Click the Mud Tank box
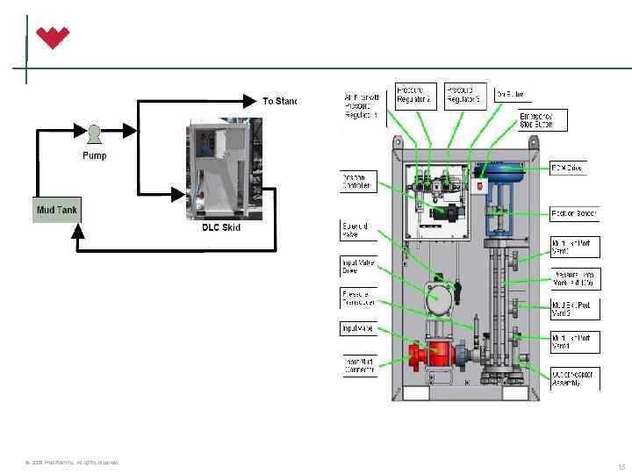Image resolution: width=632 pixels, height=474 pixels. pos(56,211)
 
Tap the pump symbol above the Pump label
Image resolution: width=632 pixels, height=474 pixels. pos(94,133)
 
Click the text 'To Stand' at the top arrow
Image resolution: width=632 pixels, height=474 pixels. pos(280,101)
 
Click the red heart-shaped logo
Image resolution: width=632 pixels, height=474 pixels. pos(52,38)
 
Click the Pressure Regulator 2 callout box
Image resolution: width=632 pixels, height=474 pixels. pos(414,95)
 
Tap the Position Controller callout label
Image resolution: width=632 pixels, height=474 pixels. pos(358,182)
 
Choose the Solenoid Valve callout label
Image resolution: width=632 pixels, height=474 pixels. pos(358,231)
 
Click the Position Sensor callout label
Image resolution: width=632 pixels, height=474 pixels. pos(574,213)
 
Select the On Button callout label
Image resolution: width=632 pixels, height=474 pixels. pos(513,94)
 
